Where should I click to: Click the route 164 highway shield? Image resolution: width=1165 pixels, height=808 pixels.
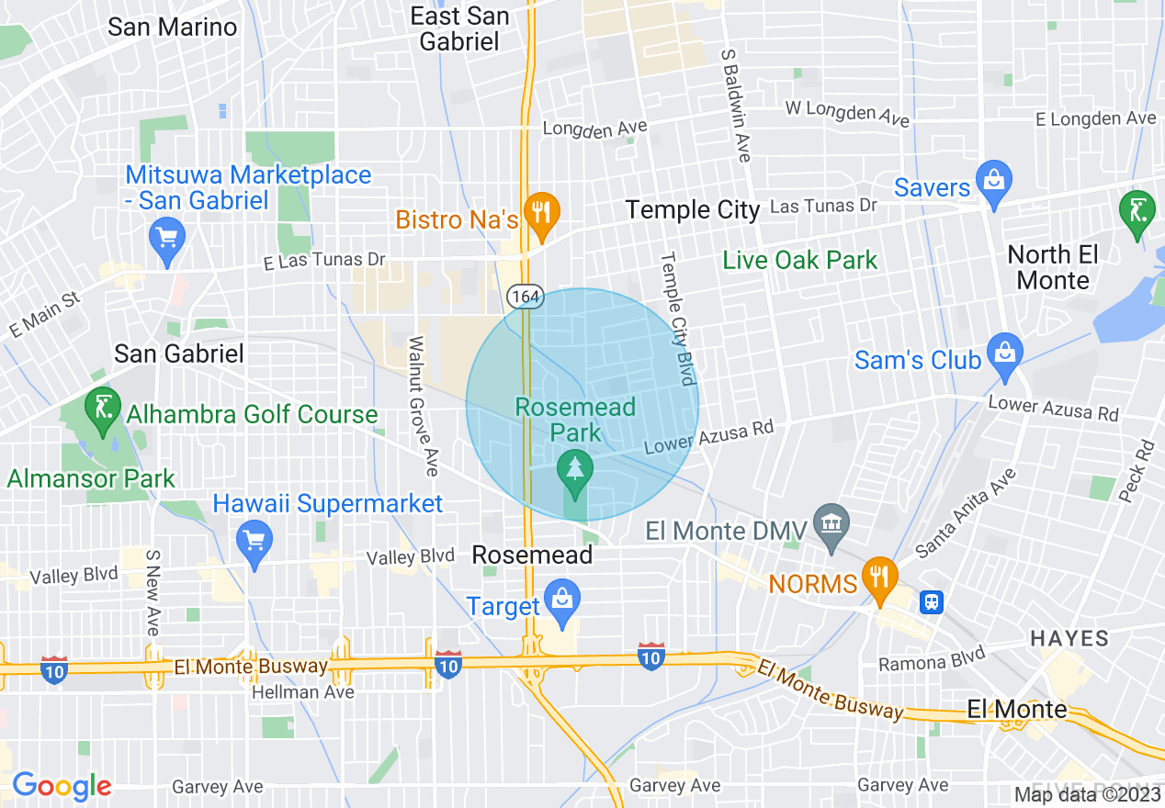525,297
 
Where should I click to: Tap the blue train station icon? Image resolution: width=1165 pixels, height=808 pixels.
932,601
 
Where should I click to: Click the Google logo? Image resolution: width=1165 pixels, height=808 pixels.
62,786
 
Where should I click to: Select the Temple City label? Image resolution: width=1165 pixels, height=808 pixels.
693,210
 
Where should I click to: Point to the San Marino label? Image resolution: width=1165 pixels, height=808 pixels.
173,27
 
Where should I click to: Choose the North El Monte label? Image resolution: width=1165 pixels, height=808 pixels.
1053,267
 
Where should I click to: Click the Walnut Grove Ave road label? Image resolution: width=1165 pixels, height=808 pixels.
422,405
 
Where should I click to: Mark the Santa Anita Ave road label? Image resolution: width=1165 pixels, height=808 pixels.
967,512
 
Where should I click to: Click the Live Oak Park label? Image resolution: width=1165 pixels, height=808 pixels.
800,261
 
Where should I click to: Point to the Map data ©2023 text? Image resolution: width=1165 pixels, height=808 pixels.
1088,794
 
